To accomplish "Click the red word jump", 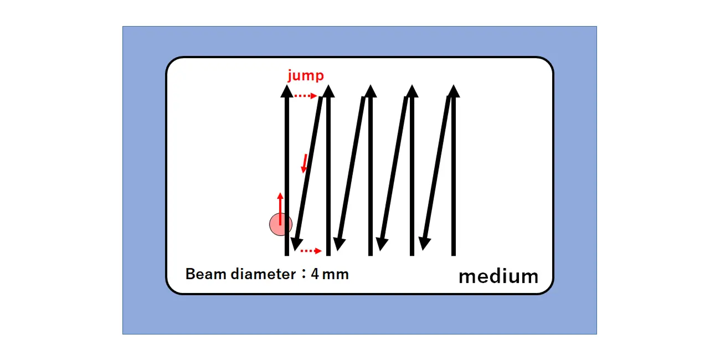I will [x=305, y=76].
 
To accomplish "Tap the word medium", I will [x=498, y=276].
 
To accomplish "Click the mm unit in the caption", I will [x=336, y=274].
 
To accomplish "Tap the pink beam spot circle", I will [x=280, y=224].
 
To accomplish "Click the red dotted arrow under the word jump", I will [x=305, y=96].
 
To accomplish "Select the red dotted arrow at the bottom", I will [x=311, y=251].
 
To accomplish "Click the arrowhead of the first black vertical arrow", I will [x=287, y=91].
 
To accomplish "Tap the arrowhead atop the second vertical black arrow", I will [x=328, y=91].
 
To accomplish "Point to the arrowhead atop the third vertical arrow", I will [x=370, y=91].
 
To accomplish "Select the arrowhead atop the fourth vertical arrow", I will [x=412, y=91].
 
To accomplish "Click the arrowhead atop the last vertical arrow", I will [x=453, y=91].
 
